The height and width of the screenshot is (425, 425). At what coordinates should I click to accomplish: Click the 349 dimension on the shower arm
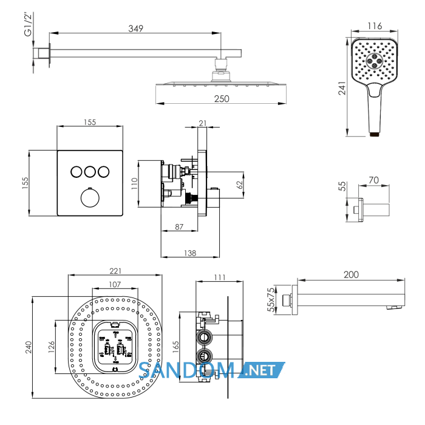point(135,29)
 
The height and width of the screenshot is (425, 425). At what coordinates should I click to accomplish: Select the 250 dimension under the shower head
point(222,99)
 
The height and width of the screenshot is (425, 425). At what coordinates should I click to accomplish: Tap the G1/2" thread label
point(28,24)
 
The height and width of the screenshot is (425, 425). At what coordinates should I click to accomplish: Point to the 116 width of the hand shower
point(375,26)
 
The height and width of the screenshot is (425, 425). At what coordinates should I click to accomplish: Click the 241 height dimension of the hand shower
point(342,88)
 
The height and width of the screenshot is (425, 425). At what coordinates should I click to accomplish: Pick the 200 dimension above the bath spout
point(351,274)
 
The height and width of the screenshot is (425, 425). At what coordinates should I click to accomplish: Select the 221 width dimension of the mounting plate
point(115,271)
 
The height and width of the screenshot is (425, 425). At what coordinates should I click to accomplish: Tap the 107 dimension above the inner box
point(115,284)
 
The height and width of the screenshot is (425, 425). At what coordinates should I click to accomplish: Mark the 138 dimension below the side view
point(190,253)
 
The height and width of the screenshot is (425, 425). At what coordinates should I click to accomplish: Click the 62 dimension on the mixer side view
point(240,185)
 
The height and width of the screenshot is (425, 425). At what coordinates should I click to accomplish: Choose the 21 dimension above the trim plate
point(202,123)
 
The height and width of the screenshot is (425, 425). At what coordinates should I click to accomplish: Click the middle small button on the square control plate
point(90,172)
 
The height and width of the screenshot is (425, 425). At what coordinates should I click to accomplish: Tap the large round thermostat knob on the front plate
point(90,197)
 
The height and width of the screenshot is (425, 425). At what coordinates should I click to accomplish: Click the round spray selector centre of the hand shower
point(375,61)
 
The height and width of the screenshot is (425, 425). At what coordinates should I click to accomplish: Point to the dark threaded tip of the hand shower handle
point(375,134)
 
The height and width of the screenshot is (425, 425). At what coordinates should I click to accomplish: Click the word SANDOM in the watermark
point(186,370)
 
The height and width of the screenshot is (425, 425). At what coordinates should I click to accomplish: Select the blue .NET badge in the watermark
point(262,370)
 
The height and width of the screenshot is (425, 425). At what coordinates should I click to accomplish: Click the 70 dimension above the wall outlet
point(373,180)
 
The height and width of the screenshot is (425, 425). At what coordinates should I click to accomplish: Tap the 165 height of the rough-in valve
point(175,347)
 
